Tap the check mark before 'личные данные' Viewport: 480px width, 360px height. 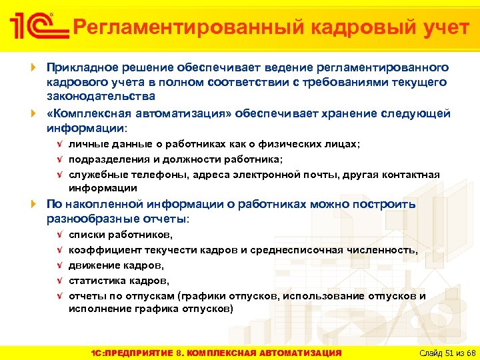60,145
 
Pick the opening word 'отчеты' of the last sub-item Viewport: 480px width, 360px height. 85,295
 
